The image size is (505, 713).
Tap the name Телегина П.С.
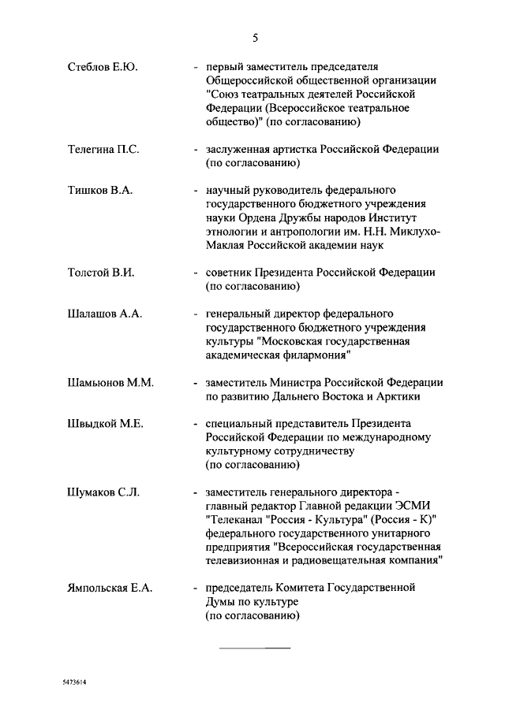point(103,150)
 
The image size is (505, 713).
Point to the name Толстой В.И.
point(101,273)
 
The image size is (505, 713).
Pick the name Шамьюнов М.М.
point(110,382)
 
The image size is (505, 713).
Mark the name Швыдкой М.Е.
point(105,424)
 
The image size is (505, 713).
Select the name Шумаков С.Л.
point(103,492)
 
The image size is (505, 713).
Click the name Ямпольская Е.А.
point(110,588)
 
